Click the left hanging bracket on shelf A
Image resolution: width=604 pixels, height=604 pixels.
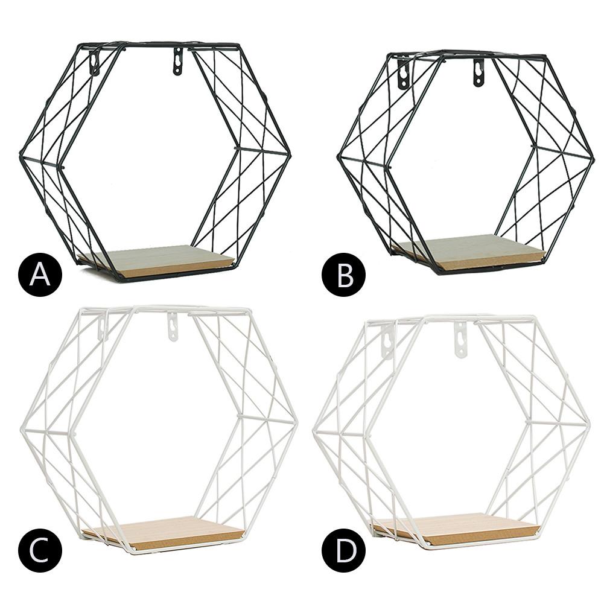click(95, 63)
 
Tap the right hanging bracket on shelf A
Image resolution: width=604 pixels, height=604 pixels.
click(177, 62)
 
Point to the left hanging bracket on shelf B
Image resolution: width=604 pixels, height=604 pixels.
click(402, 74)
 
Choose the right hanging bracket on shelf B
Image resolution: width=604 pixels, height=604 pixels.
click(478, 72)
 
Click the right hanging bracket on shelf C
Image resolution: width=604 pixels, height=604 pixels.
click(173, 326)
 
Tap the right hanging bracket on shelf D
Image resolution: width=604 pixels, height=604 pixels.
click(461, 340)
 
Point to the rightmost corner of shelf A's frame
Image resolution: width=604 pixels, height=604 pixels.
click(290, 155)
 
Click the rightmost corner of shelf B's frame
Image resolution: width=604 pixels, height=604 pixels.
click(593, 158)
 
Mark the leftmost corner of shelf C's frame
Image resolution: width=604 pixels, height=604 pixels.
click(21, 429)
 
